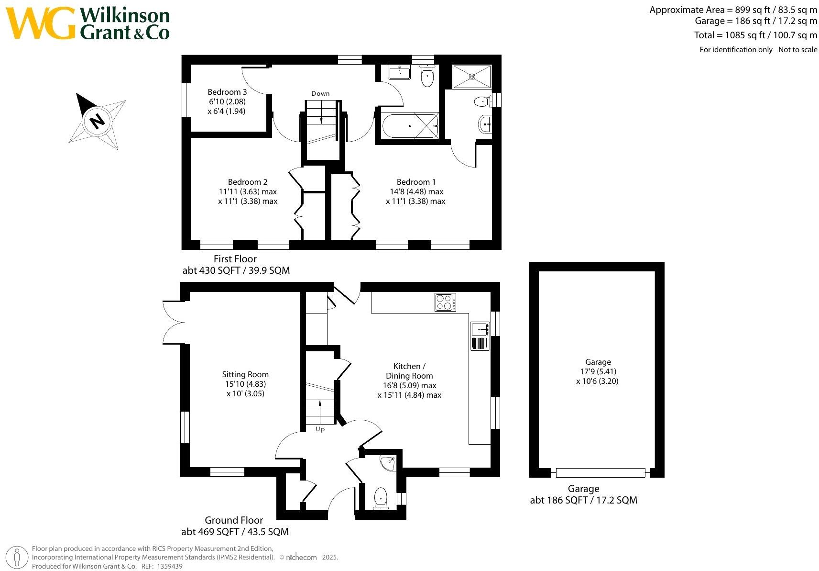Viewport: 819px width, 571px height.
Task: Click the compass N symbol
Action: (x=97, y=121)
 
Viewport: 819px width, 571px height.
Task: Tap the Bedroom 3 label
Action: (x=227, y=92)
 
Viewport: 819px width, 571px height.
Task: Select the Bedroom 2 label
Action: (x=248, y=182)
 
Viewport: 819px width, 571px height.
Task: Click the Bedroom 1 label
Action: (x=416, y=182)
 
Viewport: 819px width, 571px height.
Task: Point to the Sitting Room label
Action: (x=245, y=374)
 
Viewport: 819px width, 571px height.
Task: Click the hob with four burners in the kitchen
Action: (x=445, y=302)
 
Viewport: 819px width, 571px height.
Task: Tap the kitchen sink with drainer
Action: (x=480, y=336)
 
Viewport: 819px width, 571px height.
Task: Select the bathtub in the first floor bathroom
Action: (x=410, y=125)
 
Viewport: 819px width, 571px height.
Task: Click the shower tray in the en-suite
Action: (x=472, y=77)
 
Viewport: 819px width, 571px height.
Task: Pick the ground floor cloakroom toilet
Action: (x=381, y=498)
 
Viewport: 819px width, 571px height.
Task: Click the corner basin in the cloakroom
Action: (x=388, y=463)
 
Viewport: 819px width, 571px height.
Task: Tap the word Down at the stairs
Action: (x=320, y=93)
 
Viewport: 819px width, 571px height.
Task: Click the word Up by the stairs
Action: (x=320, y=429)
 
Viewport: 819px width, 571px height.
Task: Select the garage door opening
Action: (x=601, y=472)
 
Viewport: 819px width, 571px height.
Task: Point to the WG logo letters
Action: (x=41, y=23)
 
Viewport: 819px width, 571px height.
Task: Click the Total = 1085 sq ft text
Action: (x=755, y=35)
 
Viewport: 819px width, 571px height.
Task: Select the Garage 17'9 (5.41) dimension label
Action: (x=597, y=371)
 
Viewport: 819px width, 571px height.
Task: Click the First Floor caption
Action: (x=235, y=259)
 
